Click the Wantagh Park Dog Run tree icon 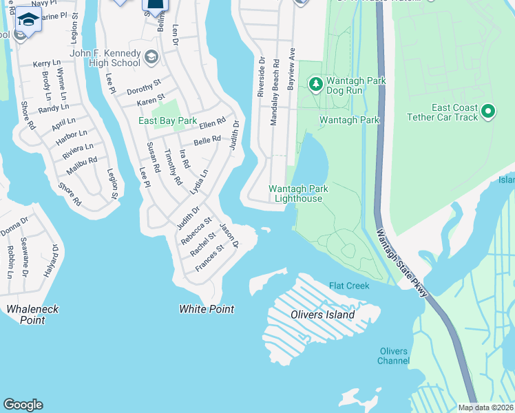(315, 85)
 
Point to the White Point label (207, 310)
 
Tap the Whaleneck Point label (25, 315)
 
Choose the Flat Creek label (349, 286)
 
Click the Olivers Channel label (394, 356)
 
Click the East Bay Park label (167, 121)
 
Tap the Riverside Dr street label (262, 77)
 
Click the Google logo (23, 405)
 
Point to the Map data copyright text (485, 407)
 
